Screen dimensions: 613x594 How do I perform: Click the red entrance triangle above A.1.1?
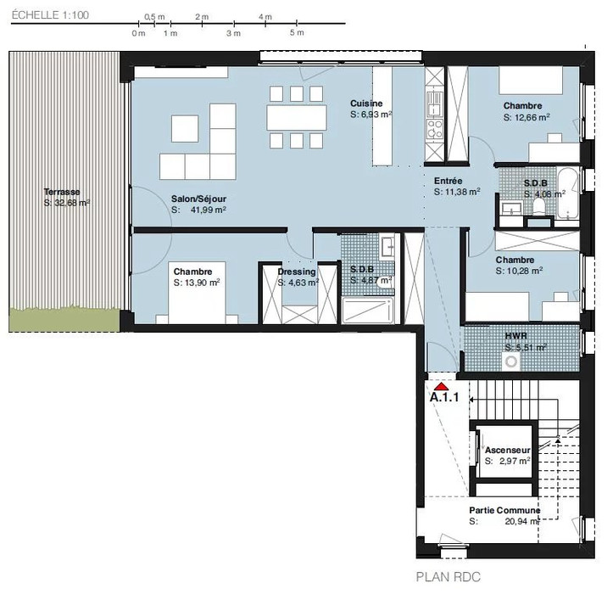442,387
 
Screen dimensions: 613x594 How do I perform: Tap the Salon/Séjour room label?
198,199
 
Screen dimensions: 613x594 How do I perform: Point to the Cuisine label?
366,104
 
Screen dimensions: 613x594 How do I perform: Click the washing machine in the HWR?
511,361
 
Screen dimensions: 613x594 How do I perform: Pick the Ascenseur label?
508,450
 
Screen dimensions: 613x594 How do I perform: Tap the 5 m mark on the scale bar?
297,32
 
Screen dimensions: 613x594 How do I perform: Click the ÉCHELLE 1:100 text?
50,15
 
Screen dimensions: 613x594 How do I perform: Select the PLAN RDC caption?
448,577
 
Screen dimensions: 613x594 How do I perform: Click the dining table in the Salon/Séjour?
297,117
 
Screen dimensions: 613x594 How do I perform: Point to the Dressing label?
297,272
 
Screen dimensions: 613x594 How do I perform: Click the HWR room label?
516,336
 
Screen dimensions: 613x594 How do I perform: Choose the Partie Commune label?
504,510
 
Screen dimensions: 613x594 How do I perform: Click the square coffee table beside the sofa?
185,128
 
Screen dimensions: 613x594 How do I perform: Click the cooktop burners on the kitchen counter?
435,128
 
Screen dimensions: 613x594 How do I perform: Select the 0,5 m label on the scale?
154,17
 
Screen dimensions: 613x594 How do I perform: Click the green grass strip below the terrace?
64,320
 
